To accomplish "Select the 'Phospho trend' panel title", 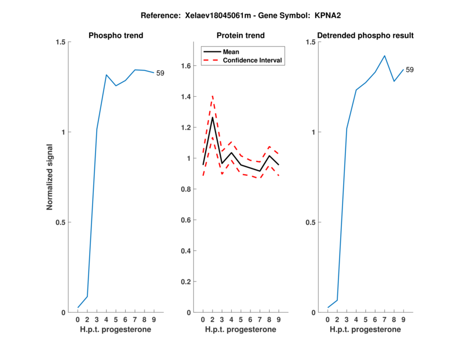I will (116, 36).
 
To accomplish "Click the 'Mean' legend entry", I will (231, 52).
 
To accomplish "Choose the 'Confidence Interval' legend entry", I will (252, 59).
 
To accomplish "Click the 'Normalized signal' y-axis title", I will (50, 177).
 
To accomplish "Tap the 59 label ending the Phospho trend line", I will (160, 73).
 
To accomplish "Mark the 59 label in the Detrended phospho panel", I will (409, 70).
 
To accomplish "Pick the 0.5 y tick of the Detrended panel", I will (310, 223).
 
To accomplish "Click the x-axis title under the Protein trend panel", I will (241, 330).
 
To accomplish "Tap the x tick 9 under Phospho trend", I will (153, 319).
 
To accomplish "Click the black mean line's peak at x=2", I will (212, 118).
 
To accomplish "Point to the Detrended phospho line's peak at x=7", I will (384, 56).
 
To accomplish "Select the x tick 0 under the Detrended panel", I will (327, 319).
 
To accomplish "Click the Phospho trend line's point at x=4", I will (107, 75).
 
